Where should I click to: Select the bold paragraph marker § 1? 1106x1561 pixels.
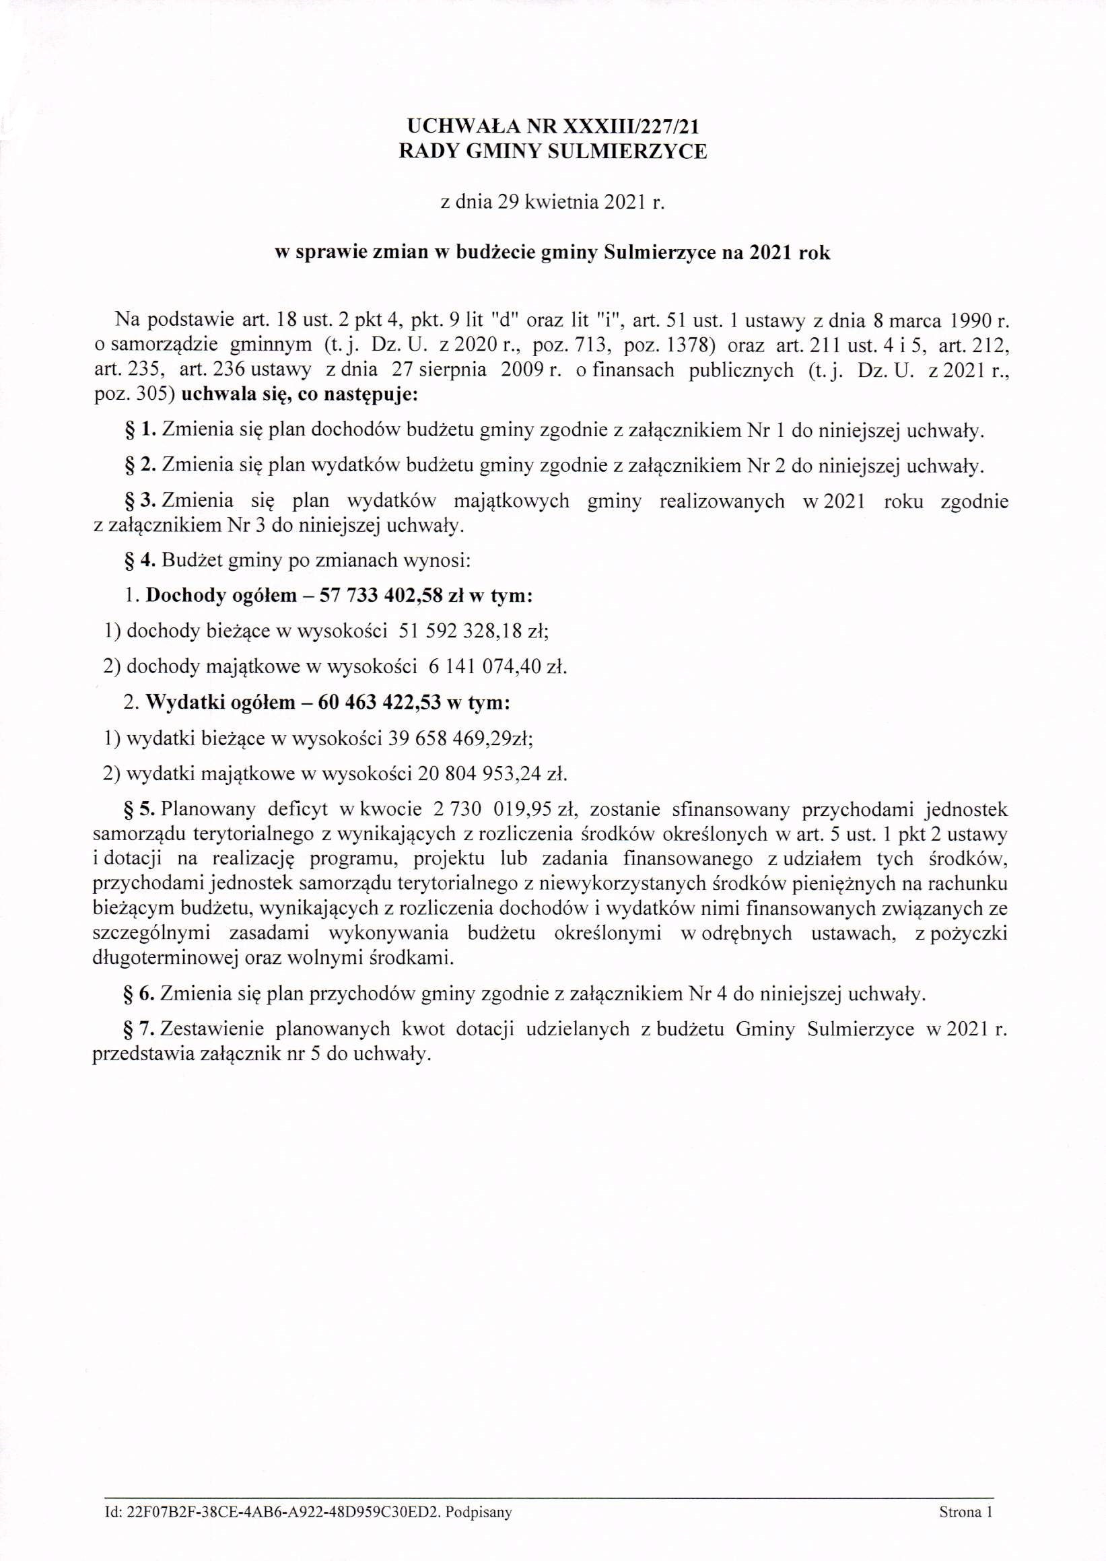[138, 430]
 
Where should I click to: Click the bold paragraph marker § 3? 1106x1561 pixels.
[138, 501]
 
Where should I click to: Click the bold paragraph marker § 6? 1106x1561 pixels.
[138, 994]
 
